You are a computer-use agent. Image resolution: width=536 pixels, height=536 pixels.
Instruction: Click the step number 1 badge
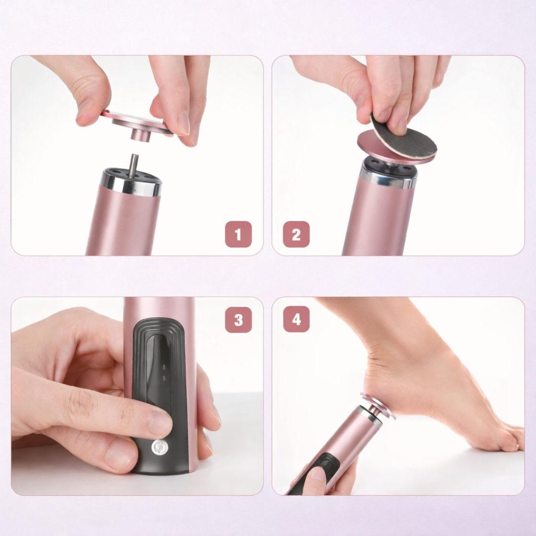(x=238, y=234)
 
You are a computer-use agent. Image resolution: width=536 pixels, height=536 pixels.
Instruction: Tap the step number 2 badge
(x=296, y=234)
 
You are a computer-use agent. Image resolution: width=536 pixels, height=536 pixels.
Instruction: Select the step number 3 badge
(x=238, y=320)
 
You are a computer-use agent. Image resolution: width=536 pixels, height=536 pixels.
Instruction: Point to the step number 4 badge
(x=296, y=319)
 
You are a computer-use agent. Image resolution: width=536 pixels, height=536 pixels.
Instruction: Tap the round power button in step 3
(x=159, y=447)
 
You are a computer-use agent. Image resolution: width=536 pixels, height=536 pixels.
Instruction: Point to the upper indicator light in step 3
(x=164, y=367)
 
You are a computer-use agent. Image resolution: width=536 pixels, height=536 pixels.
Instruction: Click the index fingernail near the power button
(x=161, y=423)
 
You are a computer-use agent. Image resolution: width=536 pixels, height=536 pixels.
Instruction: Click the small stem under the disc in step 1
(x=140, y=134)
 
